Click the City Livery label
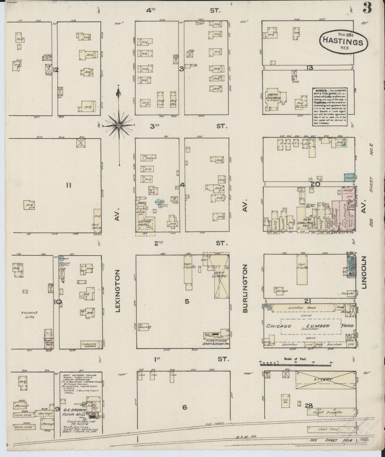pyautogui.click(x=221, y=275)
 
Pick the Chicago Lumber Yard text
pyautogui.click(x=309, y=326)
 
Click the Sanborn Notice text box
pyautogui.click(x=330, y=106)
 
